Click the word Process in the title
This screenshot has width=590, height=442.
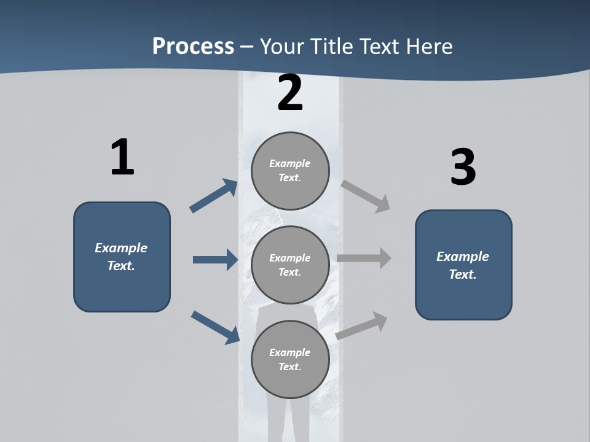[x=193, y=47]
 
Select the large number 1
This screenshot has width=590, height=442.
[x=122, y=158]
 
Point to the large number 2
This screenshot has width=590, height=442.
[x=290, y=93]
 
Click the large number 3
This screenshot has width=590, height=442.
[x=463, y=168]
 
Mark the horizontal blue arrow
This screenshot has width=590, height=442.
[x=215, y=260]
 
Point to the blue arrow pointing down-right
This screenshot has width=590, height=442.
[x=215, y=327]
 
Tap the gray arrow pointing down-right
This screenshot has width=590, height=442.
[x=366, y=196]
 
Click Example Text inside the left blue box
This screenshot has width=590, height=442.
[x=121, y=257]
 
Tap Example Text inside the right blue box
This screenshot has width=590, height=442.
[x=463, y=265]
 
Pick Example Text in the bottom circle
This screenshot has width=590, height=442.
[x=290, y=359]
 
